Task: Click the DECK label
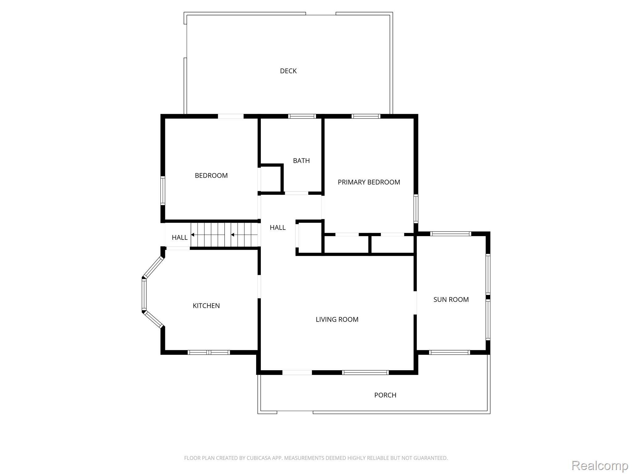(x=288, y=71)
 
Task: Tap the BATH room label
(x=301, y=160)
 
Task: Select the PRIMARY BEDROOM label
(x=369, y=182)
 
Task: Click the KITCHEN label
(x=206, y=306)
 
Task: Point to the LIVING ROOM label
(x=337, y=319)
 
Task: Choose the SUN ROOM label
(x=451, y=299)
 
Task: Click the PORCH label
(x=385, y=395)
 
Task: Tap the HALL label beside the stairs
(x=180, y=237)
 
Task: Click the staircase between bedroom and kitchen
(x=224, y=235)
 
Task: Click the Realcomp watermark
(x=600, y=465)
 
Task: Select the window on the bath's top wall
(x=302, y=116)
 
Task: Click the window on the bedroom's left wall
(x=163, y=190)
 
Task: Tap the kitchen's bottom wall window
(x=209, y=352)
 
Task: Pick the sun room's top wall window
(x=451, y=234)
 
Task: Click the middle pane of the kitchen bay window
(x=144, y=294)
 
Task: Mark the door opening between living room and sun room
(x=415, y=303)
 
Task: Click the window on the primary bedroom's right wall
(x=416, y=209)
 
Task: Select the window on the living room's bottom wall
(x=365, y=372)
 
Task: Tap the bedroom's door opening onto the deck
(x=231, y=116)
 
